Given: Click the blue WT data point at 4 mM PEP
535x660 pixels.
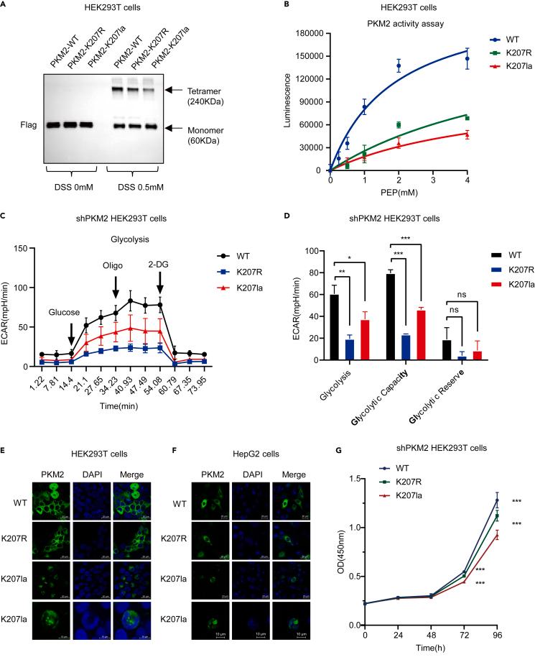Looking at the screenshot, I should pos(467,59).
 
